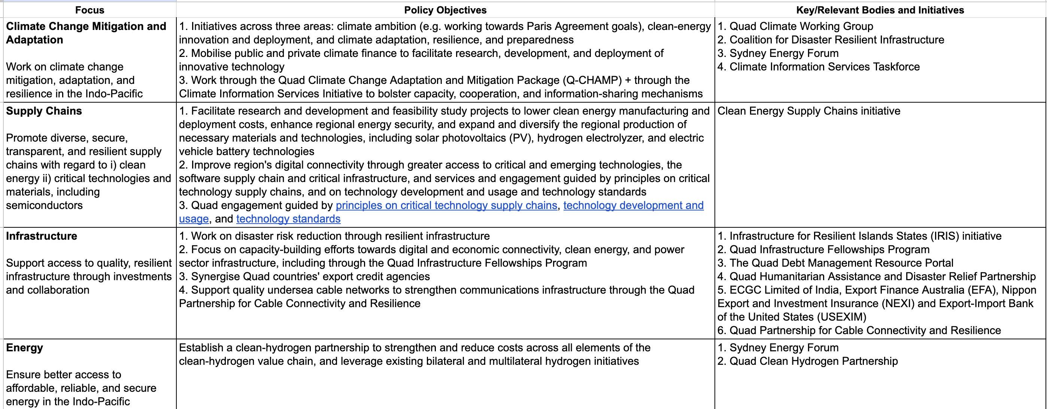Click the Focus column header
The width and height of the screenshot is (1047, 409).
tap(89, 10)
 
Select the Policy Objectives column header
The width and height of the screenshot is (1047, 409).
tap(445, 10)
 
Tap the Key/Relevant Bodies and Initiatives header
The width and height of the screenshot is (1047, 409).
tap(880, 10)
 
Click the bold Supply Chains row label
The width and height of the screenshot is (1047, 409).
tap(44, 111)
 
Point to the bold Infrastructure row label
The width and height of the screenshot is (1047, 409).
tap(42, 236)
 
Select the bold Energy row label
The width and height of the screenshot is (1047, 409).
tap(24, 348)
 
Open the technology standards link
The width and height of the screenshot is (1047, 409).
tap(288, 219)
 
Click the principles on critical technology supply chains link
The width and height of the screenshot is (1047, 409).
tap(446, 206)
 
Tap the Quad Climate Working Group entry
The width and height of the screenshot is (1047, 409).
tap(801, 27)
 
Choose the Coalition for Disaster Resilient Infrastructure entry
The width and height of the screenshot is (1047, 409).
tap(837, 40)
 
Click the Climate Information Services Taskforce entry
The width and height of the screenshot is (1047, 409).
tap(824, 67)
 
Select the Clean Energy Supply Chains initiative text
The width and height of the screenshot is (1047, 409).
tap(809, 111)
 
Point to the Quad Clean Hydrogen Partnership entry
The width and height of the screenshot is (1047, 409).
tap(813, 361)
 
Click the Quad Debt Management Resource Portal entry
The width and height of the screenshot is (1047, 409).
tap(841, 263)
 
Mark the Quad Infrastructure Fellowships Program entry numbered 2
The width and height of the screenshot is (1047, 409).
tap(829, 249)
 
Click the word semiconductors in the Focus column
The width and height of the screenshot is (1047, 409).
tap(44, 206)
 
